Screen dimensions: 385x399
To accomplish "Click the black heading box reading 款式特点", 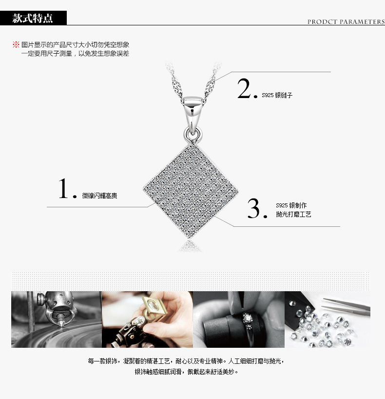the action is pyautogui.click(x=33, y=18).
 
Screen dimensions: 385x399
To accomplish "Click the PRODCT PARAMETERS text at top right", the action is pyautogui.click(x=346, y=21).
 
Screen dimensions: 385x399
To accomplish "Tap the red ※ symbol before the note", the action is pyautogui.click(x=16, y=44).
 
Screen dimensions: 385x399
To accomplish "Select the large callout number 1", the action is pyautogui.click(x=63, y=188).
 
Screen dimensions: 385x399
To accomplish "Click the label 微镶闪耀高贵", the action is pyautogui.click(x=99, y=196).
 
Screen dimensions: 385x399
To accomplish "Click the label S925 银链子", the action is pyautogui.click(x=277, y=95).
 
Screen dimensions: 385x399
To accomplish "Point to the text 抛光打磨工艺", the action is pyautogui.click(x=293, y=214).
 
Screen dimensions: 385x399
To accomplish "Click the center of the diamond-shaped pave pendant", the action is pyautogui.click(x=191, y=191).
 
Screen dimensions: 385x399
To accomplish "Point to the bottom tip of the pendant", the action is pyautogui.click(x=189, y=238).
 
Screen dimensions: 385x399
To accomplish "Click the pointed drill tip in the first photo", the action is pyautogui.click(x=61, y=324).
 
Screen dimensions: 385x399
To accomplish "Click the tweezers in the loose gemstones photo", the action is pyautogui.click(x=346, y=307).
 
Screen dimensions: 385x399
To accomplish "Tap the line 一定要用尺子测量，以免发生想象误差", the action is pyautogui.click(x=75, y=54).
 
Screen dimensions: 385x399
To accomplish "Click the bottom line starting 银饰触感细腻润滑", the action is pyautogui.click(x=186, y=372).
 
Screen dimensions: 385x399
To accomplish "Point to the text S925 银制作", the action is pyautogui.click(x=291, y=205).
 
